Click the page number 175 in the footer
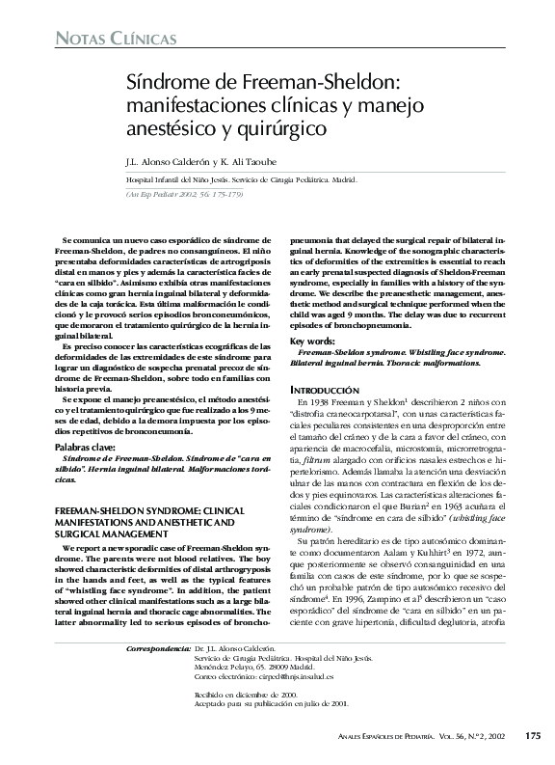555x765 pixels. [x=532, y=736]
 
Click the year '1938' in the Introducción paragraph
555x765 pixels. [x=323, y=400]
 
